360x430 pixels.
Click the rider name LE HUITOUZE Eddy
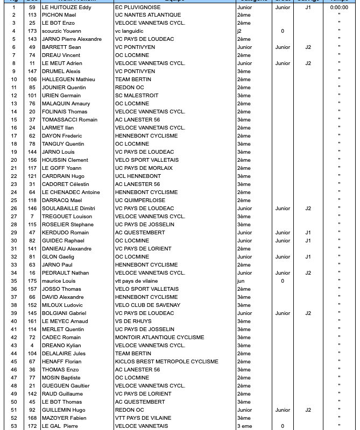click(x=66, y=7)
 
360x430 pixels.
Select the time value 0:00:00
click(x=339, y=7)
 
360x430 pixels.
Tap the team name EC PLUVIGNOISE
click(x=138, y=7)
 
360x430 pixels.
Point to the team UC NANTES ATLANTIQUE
click(x=148, y=15)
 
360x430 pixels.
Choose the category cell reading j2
click(x=239, y=31)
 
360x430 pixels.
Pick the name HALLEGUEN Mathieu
click(x=68, y=80)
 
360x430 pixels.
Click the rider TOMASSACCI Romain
click(x=69, y=120)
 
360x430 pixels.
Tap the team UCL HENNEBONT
click(x=138, y=176)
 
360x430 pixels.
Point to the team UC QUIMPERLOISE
click(x=140, y=200)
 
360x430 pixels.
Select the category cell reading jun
click(x=241, y=281)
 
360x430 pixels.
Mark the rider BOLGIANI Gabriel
click(x=64, y=313)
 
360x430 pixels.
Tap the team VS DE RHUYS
click(x=133, y=321)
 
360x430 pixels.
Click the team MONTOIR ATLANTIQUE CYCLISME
click(x=159, y=338)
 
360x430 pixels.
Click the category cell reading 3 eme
click(x=244, y=426)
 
